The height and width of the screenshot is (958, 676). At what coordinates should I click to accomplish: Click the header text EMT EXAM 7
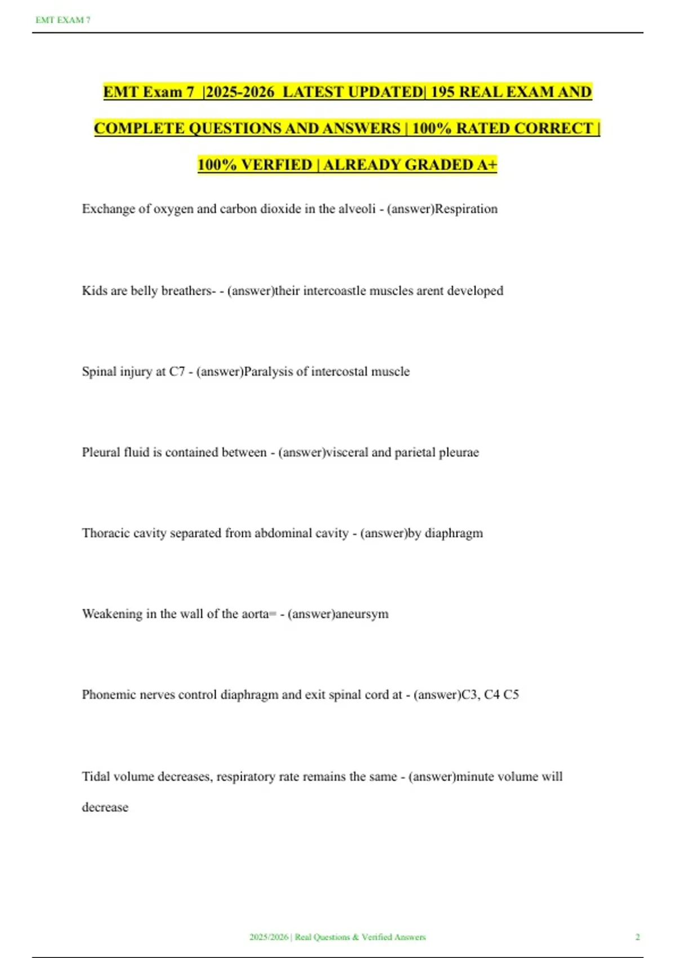point(63,20)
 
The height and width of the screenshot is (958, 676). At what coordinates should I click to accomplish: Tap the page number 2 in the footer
point(638,937)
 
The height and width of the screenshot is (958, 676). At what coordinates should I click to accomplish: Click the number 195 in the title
point(443,92)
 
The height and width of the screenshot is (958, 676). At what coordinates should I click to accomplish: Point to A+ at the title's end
point(487,165)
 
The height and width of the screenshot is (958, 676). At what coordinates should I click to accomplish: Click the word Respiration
point(466,209)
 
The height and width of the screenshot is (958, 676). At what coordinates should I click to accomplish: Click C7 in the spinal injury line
point(177,372)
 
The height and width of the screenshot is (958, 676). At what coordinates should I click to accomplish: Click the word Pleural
point(100,453)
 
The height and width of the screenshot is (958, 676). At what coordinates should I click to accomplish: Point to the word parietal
point(415,453)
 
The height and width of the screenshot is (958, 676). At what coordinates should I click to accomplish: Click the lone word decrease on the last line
point(105,808)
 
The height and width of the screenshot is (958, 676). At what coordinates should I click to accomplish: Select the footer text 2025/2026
point(269,937)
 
